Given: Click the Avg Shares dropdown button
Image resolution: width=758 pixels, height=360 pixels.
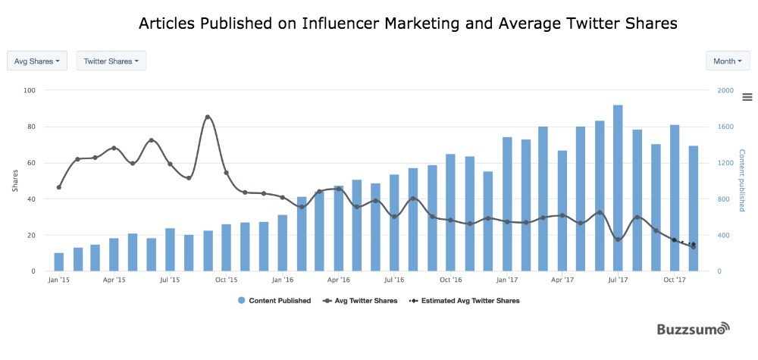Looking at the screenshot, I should tap(37, 61).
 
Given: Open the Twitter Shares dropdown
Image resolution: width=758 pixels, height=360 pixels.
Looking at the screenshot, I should tap(111, 61).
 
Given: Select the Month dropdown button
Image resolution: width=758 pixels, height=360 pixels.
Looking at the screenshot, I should tap(728, 61).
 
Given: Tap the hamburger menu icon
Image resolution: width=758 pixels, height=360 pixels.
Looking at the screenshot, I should tap(747, 96).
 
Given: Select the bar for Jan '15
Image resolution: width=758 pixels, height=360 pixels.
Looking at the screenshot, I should tap(59, 261).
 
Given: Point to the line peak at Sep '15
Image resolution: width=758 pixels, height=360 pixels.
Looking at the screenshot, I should tap(208, 117).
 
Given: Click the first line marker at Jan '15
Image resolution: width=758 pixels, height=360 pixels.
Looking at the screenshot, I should tap(59, 187).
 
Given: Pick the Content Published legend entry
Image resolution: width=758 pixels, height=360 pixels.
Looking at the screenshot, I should tap(274, 301).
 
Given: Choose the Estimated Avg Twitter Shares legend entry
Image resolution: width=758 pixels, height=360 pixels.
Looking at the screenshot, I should tap(464, 301).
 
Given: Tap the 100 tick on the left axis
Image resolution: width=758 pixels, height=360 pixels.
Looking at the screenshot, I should tap(30, 91).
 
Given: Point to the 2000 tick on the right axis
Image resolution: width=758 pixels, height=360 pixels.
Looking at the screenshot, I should tap(725, 91).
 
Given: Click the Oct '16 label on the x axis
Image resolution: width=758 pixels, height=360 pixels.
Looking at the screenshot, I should tap(450, 280).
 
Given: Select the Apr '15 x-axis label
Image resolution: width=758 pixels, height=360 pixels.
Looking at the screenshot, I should tap(114, 280).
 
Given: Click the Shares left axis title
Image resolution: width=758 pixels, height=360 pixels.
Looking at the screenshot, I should tap(15, 180).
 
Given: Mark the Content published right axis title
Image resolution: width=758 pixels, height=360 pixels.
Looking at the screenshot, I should tap(741, 180).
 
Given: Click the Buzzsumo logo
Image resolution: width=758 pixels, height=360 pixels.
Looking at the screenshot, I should tap(692, 330).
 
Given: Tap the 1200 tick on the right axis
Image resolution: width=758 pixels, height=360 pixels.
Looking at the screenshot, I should tap(725, 163).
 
